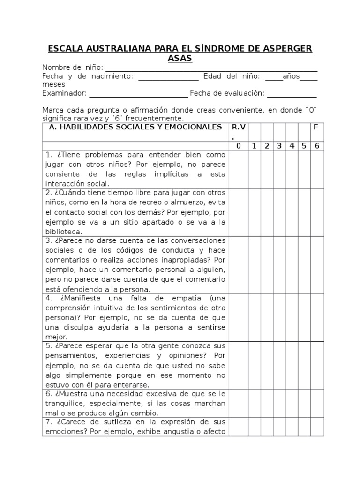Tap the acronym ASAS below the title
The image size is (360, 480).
pos(180,58)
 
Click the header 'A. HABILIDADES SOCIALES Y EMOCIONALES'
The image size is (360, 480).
pos(133,127)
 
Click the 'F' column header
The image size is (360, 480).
pos(317,127)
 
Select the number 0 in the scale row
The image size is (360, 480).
pos(238,146)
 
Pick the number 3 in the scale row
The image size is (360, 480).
pos(279,146)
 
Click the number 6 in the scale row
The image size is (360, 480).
pos(317,146)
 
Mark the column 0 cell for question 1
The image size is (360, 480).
pos(238,169)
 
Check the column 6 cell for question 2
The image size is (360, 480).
pos(317,212)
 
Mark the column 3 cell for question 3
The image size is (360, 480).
pos(279,264)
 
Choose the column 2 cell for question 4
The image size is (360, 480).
pos(266,317)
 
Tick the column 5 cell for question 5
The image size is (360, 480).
pos(304,365)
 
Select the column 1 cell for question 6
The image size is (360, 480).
pos(254,403)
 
